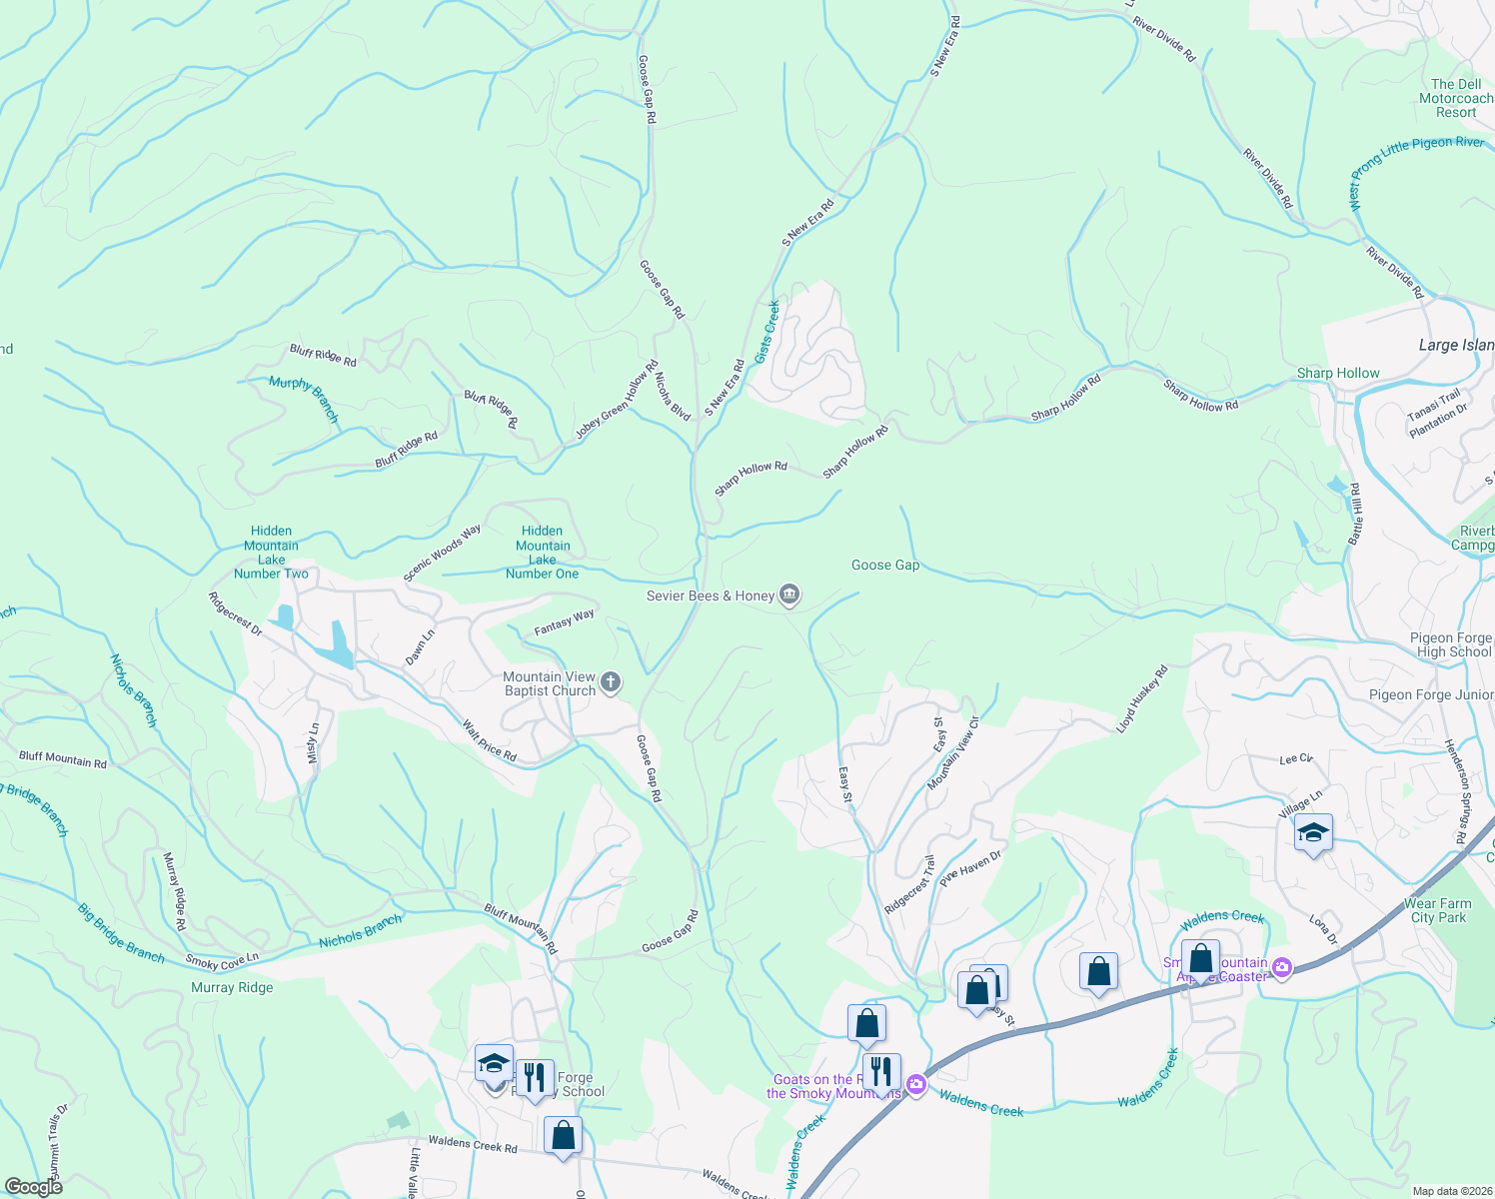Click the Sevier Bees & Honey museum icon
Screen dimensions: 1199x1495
click(789, 596)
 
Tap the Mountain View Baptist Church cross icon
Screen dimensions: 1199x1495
click(611, 683)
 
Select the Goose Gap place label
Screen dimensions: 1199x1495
click(884, 565)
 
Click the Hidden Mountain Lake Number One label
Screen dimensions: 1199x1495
click(542, 553)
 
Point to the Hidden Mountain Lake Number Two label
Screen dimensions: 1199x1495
click(271, 553)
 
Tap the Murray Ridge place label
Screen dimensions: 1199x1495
click(232, 987)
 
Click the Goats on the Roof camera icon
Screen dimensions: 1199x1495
click(916, 1084)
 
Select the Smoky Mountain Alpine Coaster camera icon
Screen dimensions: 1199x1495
click(1282, 967)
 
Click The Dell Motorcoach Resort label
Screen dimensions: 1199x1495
click(1456, 98)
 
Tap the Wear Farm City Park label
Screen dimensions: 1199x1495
click(1437, 910)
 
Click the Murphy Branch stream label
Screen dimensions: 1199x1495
click(304, 399)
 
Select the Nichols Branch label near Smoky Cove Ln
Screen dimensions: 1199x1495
click(360, 931)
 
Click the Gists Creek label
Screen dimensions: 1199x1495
click(767, 332)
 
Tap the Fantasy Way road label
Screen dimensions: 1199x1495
click(564, 622)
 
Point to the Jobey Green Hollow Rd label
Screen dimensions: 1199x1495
click(617, 400)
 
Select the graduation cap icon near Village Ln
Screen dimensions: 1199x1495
click(1313, 833)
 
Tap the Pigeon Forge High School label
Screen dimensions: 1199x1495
click(1450, 644)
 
